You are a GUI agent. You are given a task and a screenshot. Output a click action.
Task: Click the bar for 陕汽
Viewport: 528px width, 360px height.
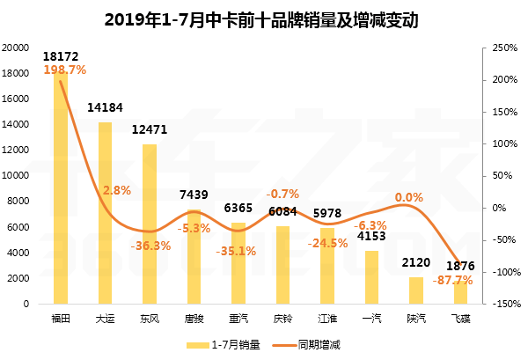(416, 290)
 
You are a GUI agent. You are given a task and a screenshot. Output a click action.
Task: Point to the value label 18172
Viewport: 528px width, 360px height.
(61, 55)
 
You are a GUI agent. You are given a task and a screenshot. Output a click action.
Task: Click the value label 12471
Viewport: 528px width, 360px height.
(150, 129)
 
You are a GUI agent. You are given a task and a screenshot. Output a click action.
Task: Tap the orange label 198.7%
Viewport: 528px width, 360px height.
(64, 69)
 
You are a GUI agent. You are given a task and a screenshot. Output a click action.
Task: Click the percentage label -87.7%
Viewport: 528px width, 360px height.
(454, 280)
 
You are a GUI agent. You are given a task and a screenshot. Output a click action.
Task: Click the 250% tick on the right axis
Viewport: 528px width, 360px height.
(502, 48)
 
